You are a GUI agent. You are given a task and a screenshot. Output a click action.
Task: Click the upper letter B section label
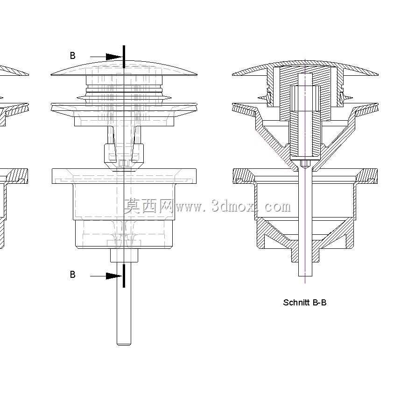point(72,56)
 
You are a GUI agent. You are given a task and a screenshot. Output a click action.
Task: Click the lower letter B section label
point(72,274)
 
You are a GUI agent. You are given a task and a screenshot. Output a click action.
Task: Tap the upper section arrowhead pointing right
point(113,57)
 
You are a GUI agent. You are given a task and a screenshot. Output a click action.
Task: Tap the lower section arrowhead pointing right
point(113,276)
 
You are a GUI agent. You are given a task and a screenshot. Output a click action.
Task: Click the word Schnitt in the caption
point(296,303)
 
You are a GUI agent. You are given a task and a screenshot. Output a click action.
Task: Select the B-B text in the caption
point(319,303)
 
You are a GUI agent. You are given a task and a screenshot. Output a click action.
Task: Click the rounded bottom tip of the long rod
point(124,344)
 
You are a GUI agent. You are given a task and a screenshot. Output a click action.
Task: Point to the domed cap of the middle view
point(124,68)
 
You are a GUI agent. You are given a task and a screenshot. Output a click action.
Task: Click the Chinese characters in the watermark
point(148,206)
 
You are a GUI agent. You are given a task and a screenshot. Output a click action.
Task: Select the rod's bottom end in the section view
point(305,275)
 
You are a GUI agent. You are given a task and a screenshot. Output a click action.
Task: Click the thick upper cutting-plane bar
point(124,57)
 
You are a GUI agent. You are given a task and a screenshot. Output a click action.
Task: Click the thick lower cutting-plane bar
point(124,276)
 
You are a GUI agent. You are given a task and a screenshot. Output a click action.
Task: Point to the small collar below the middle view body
point(124,255)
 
